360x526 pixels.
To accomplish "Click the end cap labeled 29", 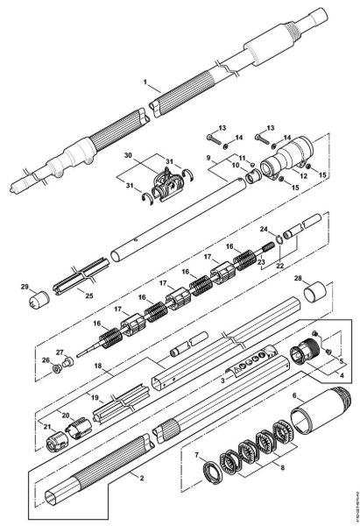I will pos(38,300).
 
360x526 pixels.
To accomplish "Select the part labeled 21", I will pos(55,438).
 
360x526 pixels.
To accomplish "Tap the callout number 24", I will pos(264,231).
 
